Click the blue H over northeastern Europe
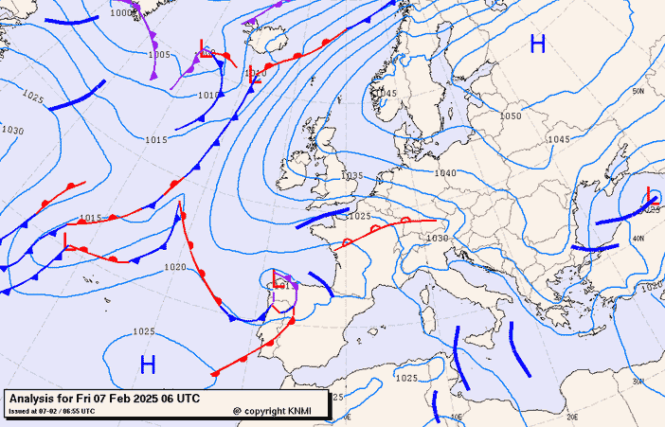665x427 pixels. (x=538, y=44)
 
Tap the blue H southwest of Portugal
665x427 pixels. (x=148, y=364)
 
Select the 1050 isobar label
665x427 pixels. (x=511, y=116)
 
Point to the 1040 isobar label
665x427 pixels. (x=445, y=173)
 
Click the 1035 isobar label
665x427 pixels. (x=352, y=176)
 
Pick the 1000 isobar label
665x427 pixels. (x=120, y=13)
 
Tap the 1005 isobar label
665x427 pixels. (x=159, y=55)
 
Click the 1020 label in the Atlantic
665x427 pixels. (x=174, y=268)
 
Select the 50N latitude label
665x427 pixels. (x=638, y=92)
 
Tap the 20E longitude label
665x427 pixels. (x=571, y=416)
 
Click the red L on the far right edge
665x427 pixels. (x=652, y=195)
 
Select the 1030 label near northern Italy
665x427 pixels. (x=437, y=239)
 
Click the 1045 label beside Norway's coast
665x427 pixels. (x=386, y=94)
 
